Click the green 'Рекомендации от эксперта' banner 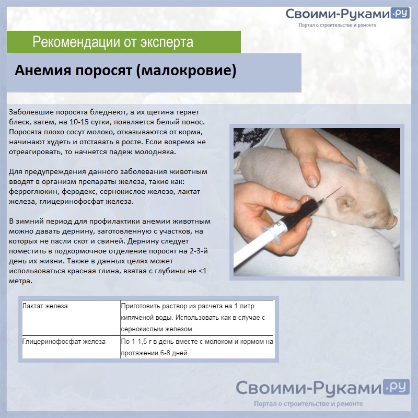point(124,42)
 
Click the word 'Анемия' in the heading point(43,71)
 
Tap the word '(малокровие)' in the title point(186,71)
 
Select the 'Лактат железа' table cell point(72,318)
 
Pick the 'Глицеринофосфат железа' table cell point(72,347)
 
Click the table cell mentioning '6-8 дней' point(198,347)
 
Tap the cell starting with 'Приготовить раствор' point(198,318)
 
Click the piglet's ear point(363,165)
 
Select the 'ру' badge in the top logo point(400,13)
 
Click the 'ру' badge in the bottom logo point(397,386)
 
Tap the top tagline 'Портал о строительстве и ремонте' point(337,25)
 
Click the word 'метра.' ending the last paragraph point(20,281)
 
